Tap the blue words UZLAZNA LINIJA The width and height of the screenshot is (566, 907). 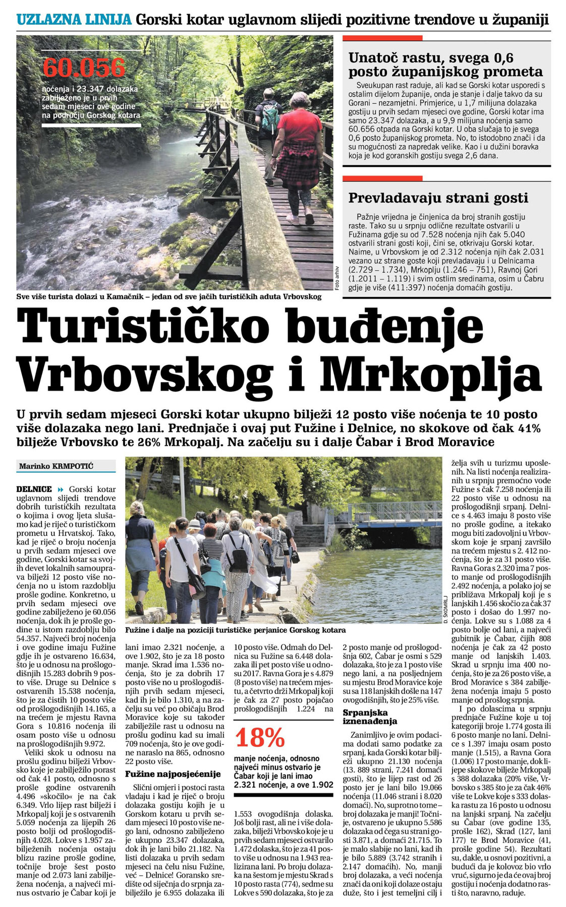[x=74, y=20]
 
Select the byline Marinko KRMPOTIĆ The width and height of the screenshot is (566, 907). [x=56, y=466]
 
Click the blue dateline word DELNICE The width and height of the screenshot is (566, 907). [x=34, y=489]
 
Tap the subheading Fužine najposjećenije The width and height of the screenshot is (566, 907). [x=173, y=773]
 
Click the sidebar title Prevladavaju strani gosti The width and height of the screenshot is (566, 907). [x=438, y=198]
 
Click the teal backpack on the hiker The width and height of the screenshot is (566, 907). [x=270, y=117]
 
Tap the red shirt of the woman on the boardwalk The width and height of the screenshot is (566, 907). [x=299, y=128]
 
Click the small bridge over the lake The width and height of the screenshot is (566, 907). [x=383, y=513]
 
